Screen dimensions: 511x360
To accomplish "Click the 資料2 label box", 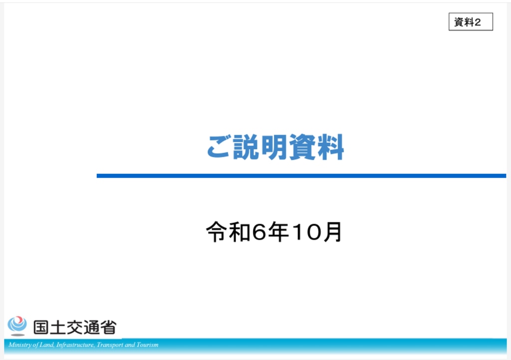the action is (x=471, y=21).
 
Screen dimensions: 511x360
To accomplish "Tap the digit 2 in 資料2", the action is (x=478, y=22).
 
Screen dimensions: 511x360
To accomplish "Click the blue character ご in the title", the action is (x=219, y=147).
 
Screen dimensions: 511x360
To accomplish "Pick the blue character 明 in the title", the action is (x=274, y=147).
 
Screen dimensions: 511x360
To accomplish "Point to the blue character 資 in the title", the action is (x=302, y=147).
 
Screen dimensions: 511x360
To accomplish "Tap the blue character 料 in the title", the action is (x=330, y=147).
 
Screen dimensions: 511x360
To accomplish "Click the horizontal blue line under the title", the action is (x=301, y=176).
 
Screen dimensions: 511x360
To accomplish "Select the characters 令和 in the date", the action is (x=228, y=232).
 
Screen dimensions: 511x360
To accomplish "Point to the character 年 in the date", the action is (x=278, y=232).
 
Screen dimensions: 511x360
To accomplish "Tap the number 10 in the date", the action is (x=306, y=232).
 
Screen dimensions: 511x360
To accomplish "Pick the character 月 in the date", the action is (x=332, y=232).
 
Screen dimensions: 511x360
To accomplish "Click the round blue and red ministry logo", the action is (x=17, y=326).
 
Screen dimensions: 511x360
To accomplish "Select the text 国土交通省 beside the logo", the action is (x=75, y=327).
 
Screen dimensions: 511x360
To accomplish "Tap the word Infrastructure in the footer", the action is (x=75, y=345).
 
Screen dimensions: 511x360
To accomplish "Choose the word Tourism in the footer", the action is (x=147, y=345).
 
